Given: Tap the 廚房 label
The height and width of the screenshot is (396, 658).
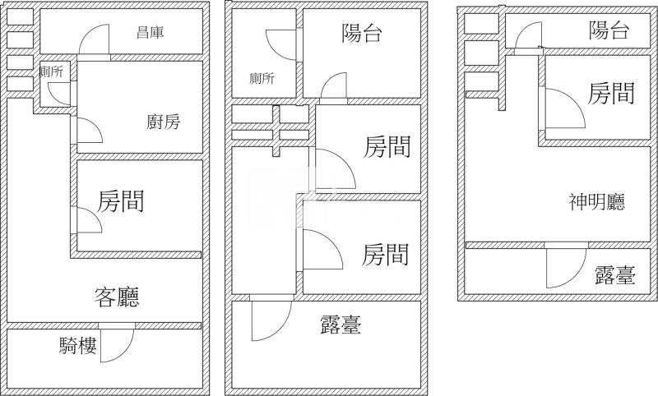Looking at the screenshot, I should (x=163, y=122).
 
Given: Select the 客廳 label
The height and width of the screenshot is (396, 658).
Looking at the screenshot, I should (x=116, y=297).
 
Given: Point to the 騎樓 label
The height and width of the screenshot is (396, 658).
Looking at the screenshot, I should (x=78, y=346).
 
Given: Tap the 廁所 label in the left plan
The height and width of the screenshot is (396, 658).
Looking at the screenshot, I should (x=51, y=71).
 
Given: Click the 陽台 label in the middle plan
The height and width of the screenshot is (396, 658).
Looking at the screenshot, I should (x=362, y=33).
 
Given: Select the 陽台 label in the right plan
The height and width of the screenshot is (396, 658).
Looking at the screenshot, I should (x=609, y=31).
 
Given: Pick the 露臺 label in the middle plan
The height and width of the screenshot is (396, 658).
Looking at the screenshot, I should (x=341, y=325).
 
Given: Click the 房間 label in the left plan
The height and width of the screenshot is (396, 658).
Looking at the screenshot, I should (x=122, y=200).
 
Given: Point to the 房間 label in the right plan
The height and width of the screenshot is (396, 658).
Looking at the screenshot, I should (x=611, y=93).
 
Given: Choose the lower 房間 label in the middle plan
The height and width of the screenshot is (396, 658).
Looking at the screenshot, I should (x=385, y=254).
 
